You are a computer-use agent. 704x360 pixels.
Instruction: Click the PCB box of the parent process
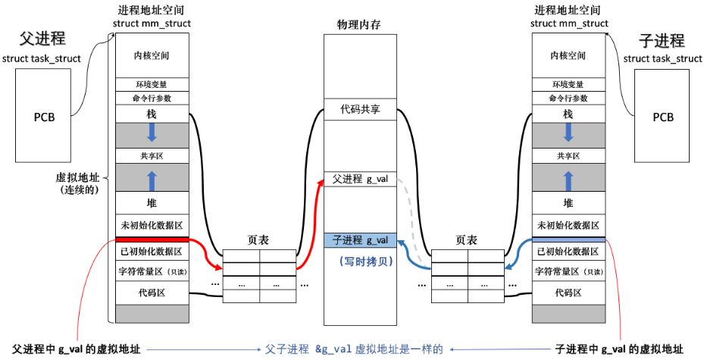[43, 117]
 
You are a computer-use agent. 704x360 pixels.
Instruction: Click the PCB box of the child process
[663, 117]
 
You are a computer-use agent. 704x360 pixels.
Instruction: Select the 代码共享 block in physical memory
[360, 111]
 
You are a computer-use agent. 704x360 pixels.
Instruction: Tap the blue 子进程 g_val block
[360, 240]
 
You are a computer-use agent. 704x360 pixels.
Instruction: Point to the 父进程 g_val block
[360, 180]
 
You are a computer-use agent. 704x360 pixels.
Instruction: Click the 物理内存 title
[358, 25]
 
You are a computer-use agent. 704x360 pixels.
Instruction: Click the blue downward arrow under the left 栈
[152, 133]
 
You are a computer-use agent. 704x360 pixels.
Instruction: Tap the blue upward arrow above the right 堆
[568, 180]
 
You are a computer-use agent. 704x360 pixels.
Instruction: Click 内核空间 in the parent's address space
[152, 55]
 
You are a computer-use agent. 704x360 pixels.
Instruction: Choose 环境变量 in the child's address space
[568, 84]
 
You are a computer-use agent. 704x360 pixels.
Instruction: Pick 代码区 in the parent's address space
[152, 292]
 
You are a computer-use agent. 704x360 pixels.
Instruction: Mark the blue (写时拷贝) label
[361, 260]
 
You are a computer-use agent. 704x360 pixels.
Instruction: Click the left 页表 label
[258, 240]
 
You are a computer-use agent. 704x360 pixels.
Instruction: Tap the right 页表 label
[466, 240]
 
